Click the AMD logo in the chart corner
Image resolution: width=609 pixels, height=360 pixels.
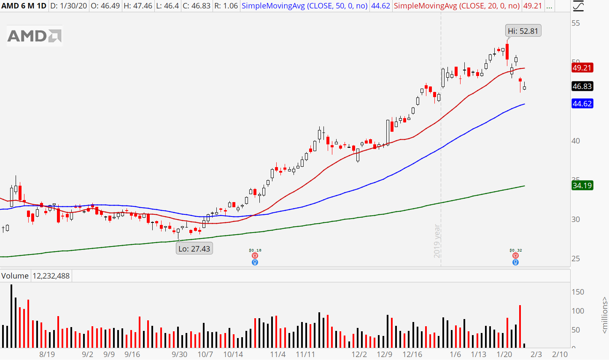click(35, 36)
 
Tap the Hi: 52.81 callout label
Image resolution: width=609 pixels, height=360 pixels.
click(523, 31)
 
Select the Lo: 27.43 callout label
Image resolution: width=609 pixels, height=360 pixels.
click(194, 249)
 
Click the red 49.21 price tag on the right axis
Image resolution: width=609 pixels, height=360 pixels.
click(582, 68)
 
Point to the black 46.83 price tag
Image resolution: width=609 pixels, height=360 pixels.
click(582, 86)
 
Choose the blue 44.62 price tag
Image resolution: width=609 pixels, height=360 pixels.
click(582, 103)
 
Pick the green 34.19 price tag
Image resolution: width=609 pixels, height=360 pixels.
click(582, 185)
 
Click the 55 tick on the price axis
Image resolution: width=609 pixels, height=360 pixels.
click(576, 23)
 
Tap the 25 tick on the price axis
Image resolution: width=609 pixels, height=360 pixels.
click(576, 258)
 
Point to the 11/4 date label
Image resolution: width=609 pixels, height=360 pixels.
click(278, 354)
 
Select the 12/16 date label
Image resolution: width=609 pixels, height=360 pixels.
click(412, 354)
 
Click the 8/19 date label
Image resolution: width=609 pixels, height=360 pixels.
click(47, 354)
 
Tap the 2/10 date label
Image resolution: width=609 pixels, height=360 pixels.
click(560, 354)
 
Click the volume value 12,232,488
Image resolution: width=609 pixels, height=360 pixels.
click(51, 276)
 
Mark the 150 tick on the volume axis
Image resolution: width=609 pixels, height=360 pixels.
click(578, 292)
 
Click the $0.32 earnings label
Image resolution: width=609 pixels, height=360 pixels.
click(515, 250)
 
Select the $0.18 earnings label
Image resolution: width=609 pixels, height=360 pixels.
click(255, 250)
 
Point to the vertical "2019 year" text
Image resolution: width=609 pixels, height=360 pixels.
click(437, 241)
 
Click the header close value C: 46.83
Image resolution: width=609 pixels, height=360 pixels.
click(197, 6)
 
